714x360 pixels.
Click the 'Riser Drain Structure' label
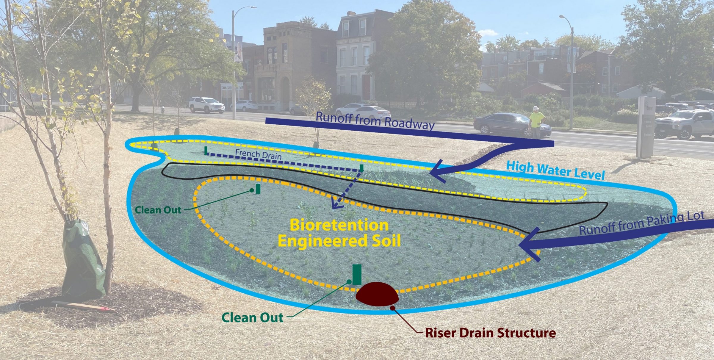[x=490, y=333]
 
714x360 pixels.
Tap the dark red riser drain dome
[x=377, y=294]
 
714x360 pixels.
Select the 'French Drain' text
[x=258, y=154]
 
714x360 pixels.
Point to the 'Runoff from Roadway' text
[x=375, y=120]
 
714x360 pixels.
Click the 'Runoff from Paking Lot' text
[x=642, y=223]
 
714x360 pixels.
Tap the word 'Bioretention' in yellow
[x=339, y=225]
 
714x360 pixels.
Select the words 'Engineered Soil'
[x=339, y=241]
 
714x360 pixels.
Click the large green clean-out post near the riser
[x=357, y=274]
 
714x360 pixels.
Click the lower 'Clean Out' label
[x=252, y=318]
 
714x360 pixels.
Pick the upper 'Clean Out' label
[x=158, y=210]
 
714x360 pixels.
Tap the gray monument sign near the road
[x=646, y=126]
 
